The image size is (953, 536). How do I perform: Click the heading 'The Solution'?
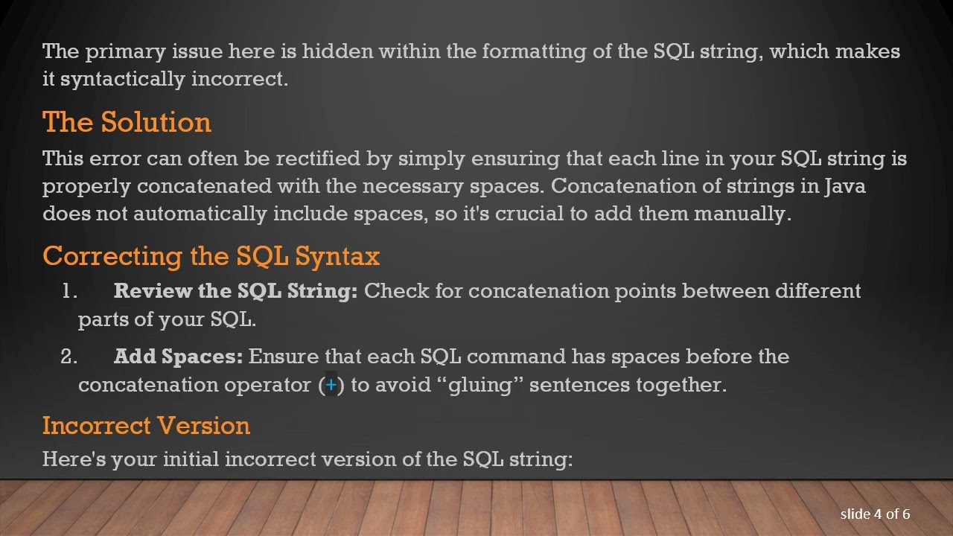pos(127,122)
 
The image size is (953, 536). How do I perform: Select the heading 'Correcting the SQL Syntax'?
pos(211,256)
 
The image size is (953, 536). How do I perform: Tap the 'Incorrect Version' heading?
pos(146,426)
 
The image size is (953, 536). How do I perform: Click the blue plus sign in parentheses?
pos(331,385)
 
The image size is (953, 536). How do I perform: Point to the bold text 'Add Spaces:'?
pos(178,357)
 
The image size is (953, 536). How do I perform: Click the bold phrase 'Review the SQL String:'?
pos(235,291)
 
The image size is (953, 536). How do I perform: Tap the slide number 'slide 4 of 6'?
pos(875,514)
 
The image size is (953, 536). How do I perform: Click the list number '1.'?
pos(69,291)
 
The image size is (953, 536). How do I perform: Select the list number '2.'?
pos(68,357)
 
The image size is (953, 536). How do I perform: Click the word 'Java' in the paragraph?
pos(844,186)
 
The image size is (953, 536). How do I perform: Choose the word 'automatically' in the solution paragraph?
pos(200,214)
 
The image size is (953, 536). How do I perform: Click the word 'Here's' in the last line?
pos(74,459)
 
